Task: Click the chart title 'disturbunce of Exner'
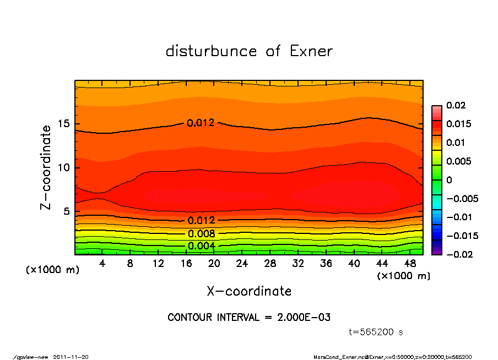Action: pyautogui.click(x=249, y=51)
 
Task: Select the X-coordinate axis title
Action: pyautogui.click(x=249, y=291)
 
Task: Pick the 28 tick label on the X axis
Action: pyautogui.click(x=270, y=264)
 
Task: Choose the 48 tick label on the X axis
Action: pyautogui.click(x=410, y=264)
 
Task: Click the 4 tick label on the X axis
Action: pyautogui.click(x=102, y=264)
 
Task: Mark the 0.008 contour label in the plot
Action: pyautogui.click(x=201, y=234)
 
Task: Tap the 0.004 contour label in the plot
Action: pyautogui.click(x=201, y=246)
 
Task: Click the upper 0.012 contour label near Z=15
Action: pyautogui.click(x=201, y=123)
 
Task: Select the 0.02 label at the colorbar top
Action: pyautogui.click(x=456, y=105)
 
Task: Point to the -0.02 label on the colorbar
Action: pyautogui.click(x=458, y=254)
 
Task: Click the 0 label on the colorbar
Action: pyautogui.click(x=449, y=180)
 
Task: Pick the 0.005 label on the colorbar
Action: pyautogui.click(x=458, y=161)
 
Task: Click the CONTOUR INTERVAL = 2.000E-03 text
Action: pyautogui.click(x=249, y=318)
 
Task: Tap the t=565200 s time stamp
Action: pyautogui.click(x=377, y=332)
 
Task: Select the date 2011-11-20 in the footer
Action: pyautogui.click(x=71, y=357)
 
